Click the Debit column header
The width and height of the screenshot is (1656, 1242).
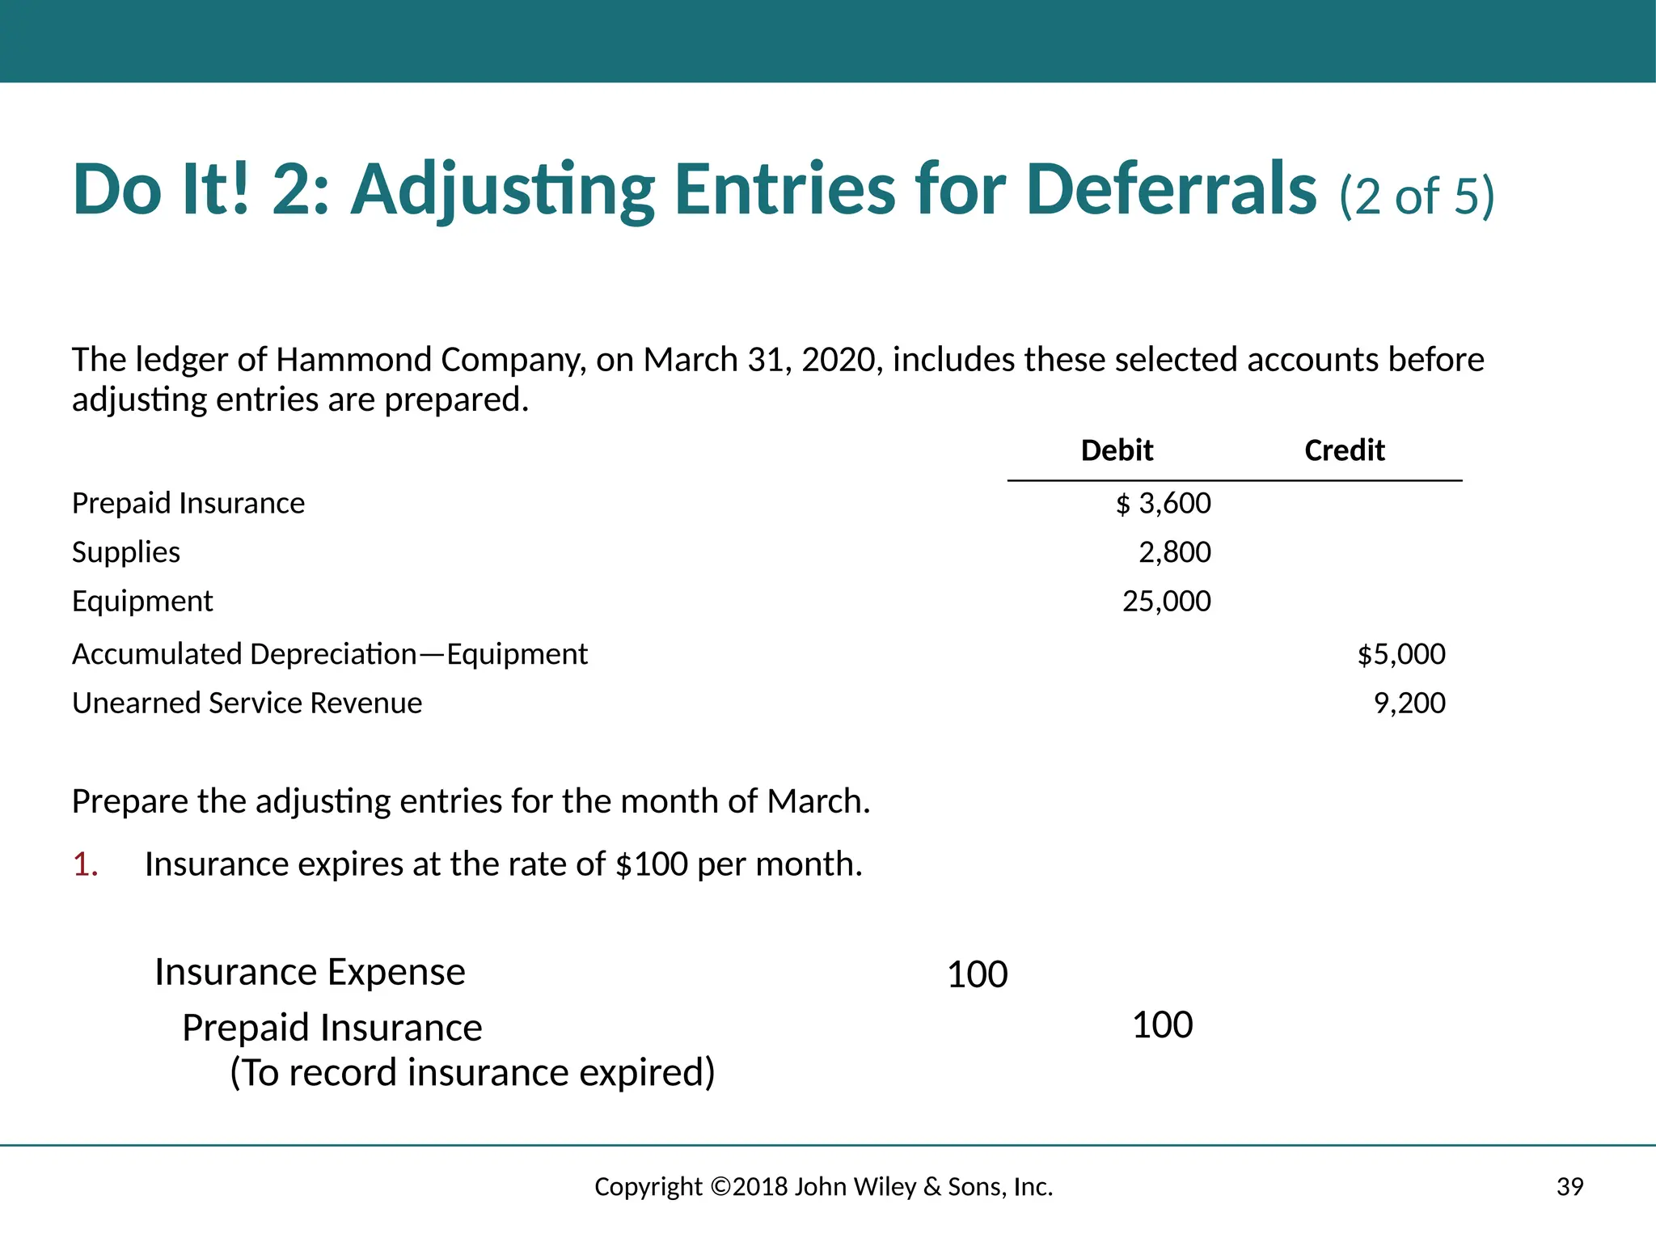pyautogui.click(x=1117, y=450)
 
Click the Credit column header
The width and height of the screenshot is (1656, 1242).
pyautogui.click(x=1344, y=450)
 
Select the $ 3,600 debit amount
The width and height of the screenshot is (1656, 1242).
pyautogui.click(x=1164, y=504)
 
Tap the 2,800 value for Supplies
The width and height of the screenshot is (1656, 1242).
pyautogui.click(x=1174, y=552)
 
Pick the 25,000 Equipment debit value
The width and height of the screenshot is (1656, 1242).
pyautogui.click(x=1166, y=602)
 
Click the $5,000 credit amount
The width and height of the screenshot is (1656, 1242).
pyautogui.click(x=1400, y=654)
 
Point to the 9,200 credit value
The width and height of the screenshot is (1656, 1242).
pyautogui.click(x=1409, y=703)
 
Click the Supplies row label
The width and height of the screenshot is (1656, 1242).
pyautogui.click(x=126, y=552)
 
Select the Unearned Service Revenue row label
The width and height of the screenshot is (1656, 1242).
pyautogui.click(x=247, y=703)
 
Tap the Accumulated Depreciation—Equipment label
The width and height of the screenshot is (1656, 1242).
pyautogui.click(x=330, y=654)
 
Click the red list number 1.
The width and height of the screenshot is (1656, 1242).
pyautogui.click(x=85, y=864)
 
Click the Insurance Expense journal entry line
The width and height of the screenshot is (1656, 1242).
pyautogui.click(x=310, y=972)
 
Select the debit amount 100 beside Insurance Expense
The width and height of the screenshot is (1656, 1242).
pyautogui.click(x=977, y=974)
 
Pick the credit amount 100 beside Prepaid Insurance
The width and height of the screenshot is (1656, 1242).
pyautogui.click(x=1162, y=1025)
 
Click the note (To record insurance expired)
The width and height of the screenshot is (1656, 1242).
pyautogui.click(x=472, y=1073)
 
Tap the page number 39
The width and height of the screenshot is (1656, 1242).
pyautogui.click(x=1569, y=1187)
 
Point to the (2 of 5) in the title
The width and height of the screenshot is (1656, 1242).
pyautogui.click(x=1417, y=196)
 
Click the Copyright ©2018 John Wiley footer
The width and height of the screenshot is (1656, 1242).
pyautogui.click(x=823, y=1187)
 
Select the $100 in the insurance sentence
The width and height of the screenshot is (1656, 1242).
pyautogui.click(x=651, y=864)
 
